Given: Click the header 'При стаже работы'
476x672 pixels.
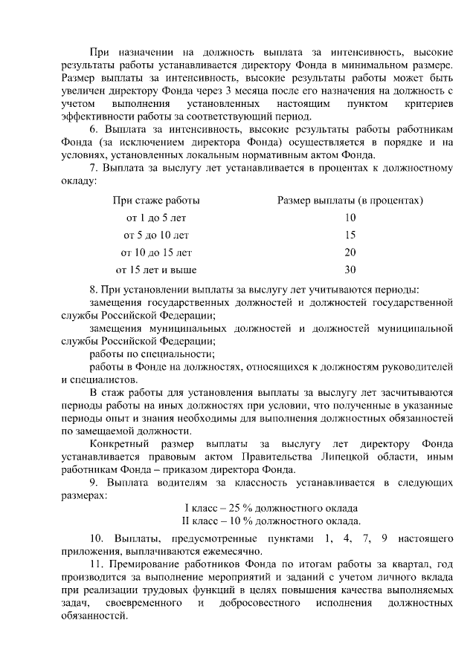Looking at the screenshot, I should point(156,200).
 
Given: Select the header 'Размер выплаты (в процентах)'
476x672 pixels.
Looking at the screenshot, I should point(350,200).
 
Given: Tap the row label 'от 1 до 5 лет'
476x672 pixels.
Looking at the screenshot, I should point(156,218).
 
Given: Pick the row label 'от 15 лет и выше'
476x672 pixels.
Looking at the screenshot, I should point(156,270).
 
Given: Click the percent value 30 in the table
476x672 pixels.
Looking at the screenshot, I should point(350,270).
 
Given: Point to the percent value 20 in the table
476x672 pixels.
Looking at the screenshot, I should point(350,252).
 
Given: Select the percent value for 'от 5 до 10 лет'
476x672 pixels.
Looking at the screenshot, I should point(350,235).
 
